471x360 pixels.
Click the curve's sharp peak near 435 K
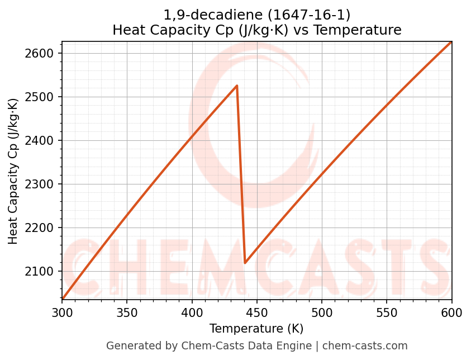[237, 86]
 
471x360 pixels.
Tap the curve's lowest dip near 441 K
[245, 263]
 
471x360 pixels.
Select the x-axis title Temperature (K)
[256, 329]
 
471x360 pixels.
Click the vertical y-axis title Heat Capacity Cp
[13, 170]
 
